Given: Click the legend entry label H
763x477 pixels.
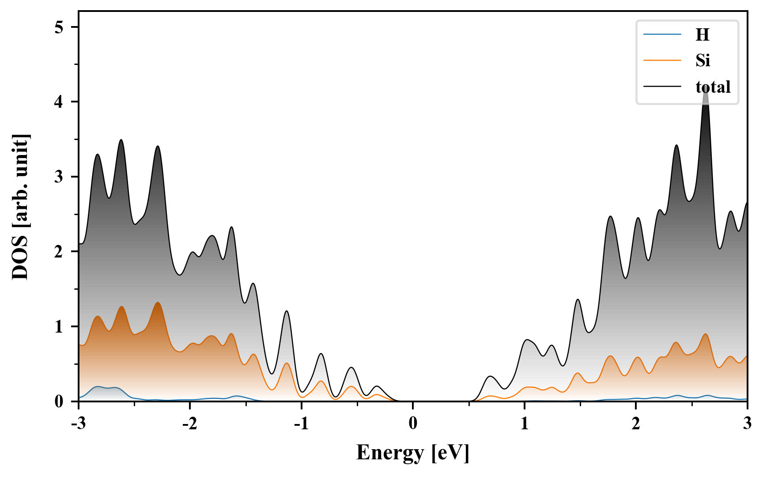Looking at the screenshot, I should point(702,34).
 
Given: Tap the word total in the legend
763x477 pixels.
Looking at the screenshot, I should point(713,87).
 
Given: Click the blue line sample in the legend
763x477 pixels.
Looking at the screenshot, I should point(662,34).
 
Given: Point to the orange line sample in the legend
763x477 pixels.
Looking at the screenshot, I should point(662,60).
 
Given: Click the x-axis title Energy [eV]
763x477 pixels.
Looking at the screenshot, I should point(413,452).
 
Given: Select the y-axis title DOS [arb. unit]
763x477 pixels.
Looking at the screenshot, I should point(20,207).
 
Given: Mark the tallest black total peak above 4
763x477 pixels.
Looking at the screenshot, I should point(706,88).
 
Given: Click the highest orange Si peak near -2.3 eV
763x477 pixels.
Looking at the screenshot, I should point(158,303).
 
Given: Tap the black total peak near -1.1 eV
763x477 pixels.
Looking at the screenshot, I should point(287,311).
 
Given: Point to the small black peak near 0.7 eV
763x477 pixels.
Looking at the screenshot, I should point(490,376).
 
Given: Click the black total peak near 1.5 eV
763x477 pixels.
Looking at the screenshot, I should point(578,299).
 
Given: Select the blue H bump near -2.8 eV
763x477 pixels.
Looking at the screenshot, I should point(98,386).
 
